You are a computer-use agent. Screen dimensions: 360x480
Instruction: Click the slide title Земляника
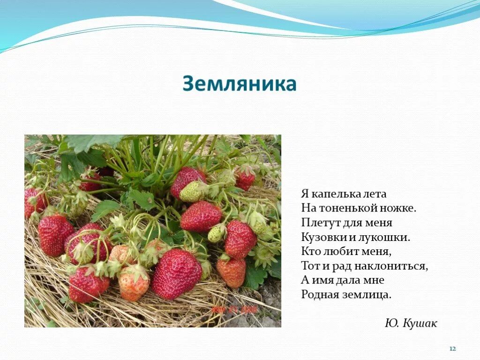click(240, 84)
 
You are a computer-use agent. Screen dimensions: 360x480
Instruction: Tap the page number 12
click(453, 349)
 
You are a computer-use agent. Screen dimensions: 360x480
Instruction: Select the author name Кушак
click(420, 323)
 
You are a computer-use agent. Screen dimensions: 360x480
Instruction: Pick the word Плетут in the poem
click(318, 223)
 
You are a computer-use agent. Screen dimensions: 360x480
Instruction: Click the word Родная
click(319, 295)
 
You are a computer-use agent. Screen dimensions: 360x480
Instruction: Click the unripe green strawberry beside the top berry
click(192, 191)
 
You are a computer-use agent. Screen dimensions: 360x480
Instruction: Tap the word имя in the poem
click(319, 281)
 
